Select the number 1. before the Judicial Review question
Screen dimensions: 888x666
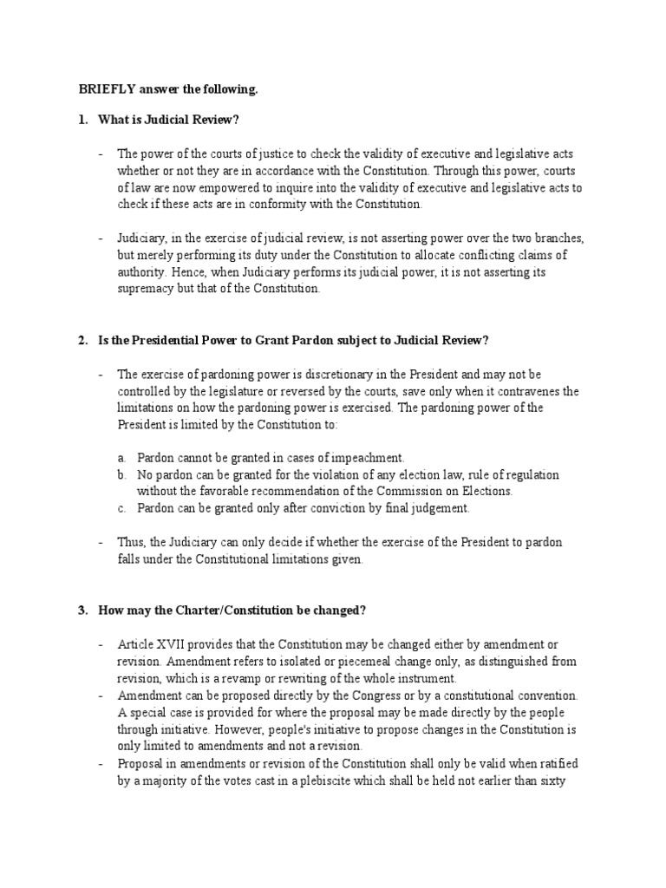[82, 119]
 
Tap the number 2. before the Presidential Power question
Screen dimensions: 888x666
[82, 341]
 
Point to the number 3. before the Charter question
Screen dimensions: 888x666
[82, 610]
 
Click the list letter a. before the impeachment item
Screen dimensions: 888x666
[124, 457]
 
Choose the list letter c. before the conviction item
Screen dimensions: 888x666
[124, 507]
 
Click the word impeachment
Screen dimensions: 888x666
[371, 457]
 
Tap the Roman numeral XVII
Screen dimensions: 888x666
[172, 644]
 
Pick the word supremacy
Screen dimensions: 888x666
[146, 289]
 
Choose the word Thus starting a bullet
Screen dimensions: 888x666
[131, 542]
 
